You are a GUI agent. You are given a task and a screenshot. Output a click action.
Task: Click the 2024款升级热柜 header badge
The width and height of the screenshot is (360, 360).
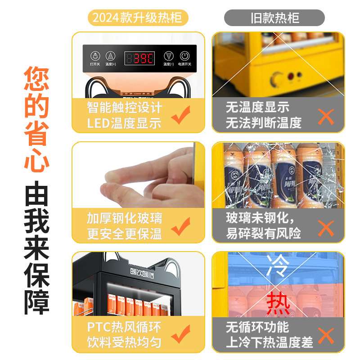137,18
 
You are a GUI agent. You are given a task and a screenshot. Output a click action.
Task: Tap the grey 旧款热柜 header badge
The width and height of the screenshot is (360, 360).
274,18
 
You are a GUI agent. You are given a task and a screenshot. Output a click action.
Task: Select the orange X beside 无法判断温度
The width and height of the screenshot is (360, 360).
325,116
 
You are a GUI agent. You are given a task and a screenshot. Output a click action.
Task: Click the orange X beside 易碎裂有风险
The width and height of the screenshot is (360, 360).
325,227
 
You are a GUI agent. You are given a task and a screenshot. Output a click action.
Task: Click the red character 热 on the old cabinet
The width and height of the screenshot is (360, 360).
278,304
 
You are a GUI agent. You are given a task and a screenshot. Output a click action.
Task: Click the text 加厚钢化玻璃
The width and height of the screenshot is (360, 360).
125,219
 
